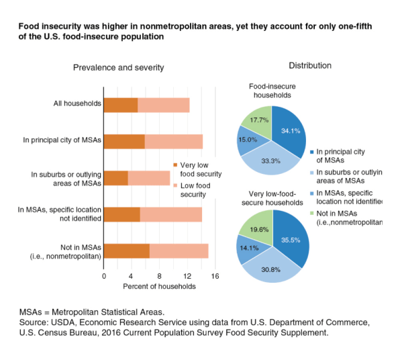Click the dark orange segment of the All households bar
[x=121, y=105]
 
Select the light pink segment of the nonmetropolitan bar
[x=179, y=251]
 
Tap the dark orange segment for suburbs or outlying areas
[x=116, y=178]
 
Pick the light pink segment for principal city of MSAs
[x=174, y=142]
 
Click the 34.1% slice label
[x=291, y=131]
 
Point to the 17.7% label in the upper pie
[x=259, y=120]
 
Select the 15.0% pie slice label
[x=248, y=140]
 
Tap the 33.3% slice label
[x=270, y=161]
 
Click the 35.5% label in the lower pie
[x=291, y=240]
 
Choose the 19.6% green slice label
[x=259, y=230]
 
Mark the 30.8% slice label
[x=270, y=269]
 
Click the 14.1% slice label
[x=249, y=248]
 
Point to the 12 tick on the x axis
[x=187, y=276]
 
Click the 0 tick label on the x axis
[x=104, y=276]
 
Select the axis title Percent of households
[x=159, y=287]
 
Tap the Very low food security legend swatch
[x=175, y=165]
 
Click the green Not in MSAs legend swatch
[x=311, y=213]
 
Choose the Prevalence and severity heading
[x=118, y=68]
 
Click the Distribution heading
[x=310, y=66]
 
